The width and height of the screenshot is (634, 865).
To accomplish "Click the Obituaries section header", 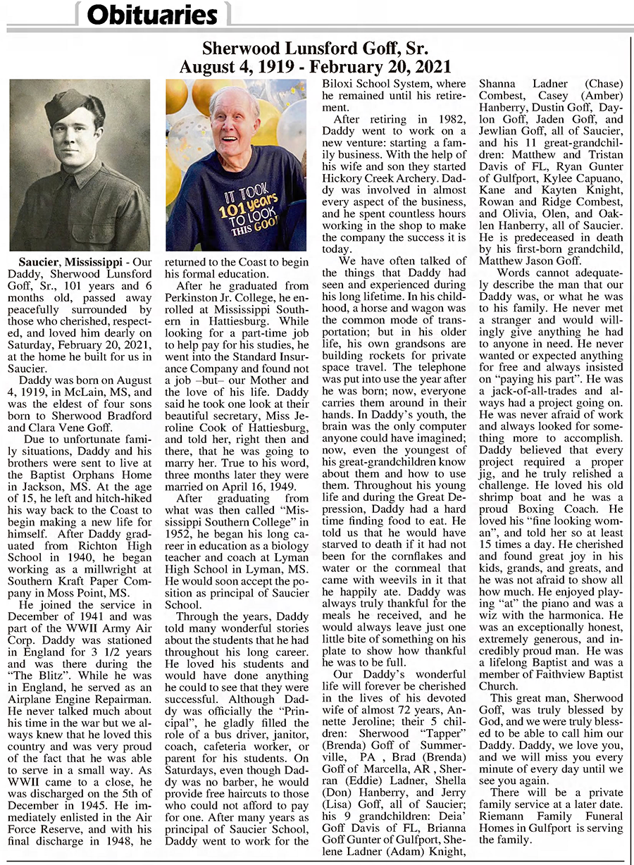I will pyautogui.click(x=153, y=14).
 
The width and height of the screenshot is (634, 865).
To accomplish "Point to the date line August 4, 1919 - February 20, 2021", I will pyautogui.click(x=315, y=67).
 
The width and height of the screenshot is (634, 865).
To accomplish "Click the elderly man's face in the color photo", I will pyautogui.click(x=233, y=120).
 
